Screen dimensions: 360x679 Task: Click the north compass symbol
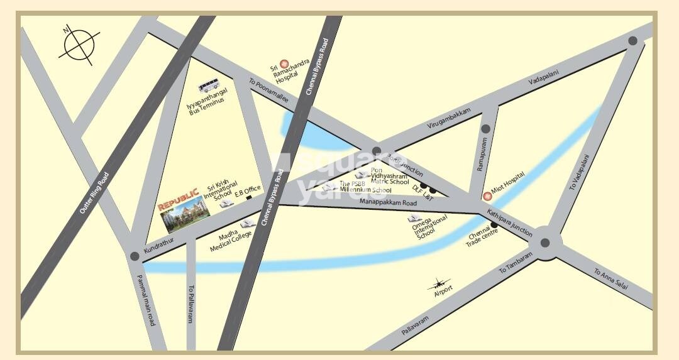click(x=79, y=44)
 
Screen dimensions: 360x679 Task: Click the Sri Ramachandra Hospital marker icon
click(x=284, y=63)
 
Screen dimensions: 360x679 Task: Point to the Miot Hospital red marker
click(x=487, y=196)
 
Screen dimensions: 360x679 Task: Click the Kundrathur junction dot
click(x=134, y=256)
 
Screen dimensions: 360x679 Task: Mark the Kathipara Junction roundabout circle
click(x=544, y=243)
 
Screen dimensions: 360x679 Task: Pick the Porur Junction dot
click(x=376, y=151)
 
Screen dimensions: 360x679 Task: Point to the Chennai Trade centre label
click(x=483, y=240)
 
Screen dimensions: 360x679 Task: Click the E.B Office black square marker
click(x=249, y=197)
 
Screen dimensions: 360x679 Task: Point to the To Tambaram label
click(x=516, y=263)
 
